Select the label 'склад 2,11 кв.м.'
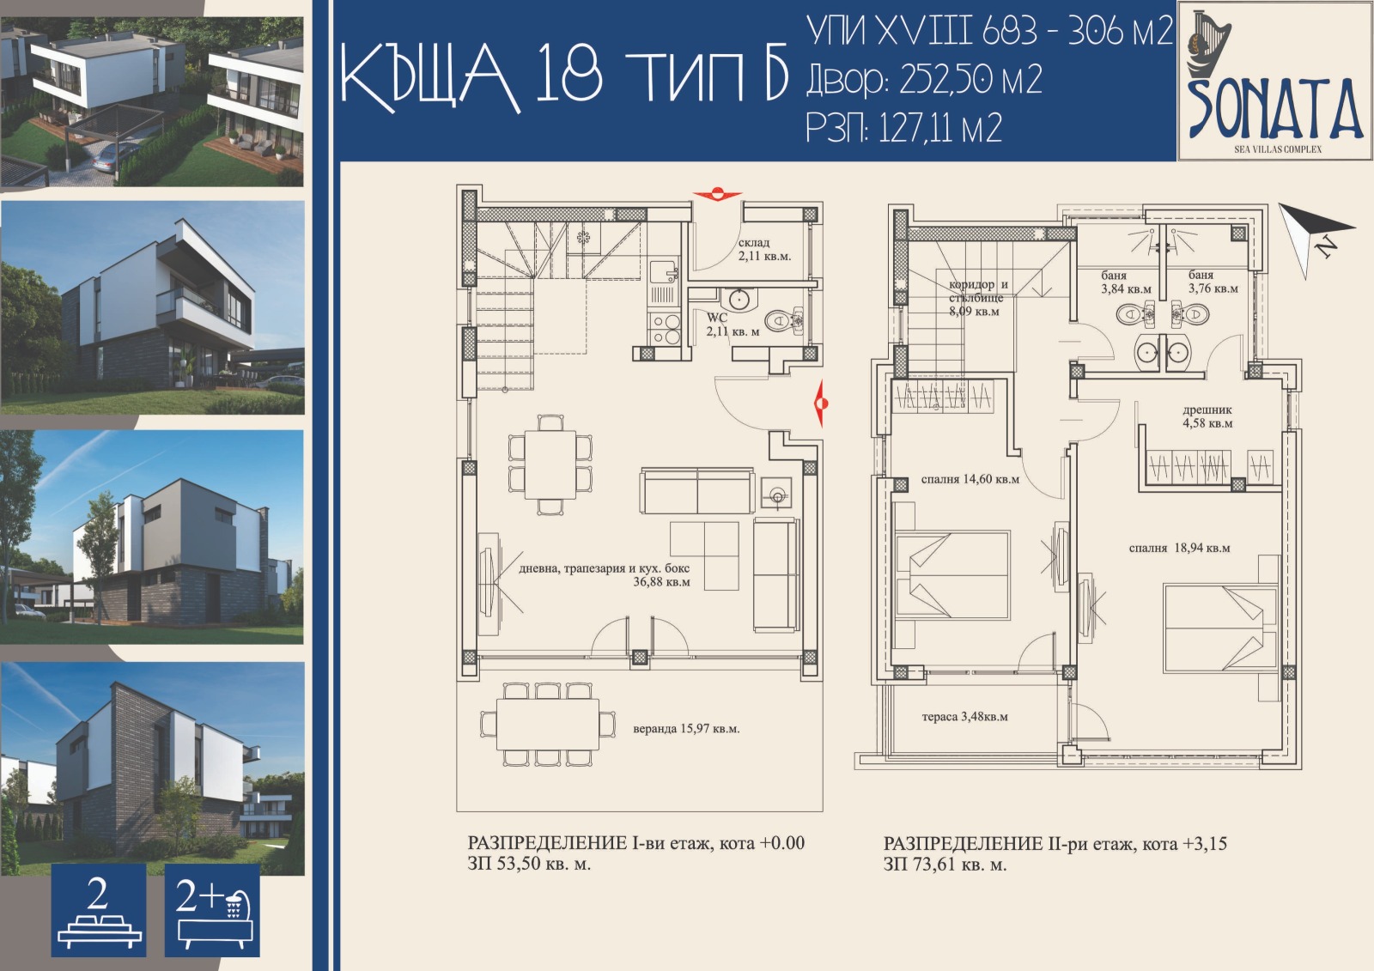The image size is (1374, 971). (x=764, y=250)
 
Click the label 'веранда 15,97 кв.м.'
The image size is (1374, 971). (x=685, y=729)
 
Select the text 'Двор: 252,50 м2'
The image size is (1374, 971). (x=924, y=80)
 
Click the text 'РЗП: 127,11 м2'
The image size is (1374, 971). (x=903, y=129)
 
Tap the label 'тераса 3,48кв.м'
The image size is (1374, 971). (x=964, y=716)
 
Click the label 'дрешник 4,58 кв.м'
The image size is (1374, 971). (x=1207, y=416)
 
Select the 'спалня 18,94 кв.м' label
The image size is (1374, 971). (x=1179, y=548)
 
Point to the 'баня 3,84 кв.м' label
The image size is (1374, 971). (x=1125, y=282)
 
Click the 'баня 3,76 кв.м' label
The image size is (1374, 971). (x=1213, y=282)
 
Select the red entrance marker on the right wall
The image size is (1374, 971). (x=820, y=402)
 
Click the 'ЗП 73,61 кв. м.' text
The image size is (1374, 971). (x=945, y=865)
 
